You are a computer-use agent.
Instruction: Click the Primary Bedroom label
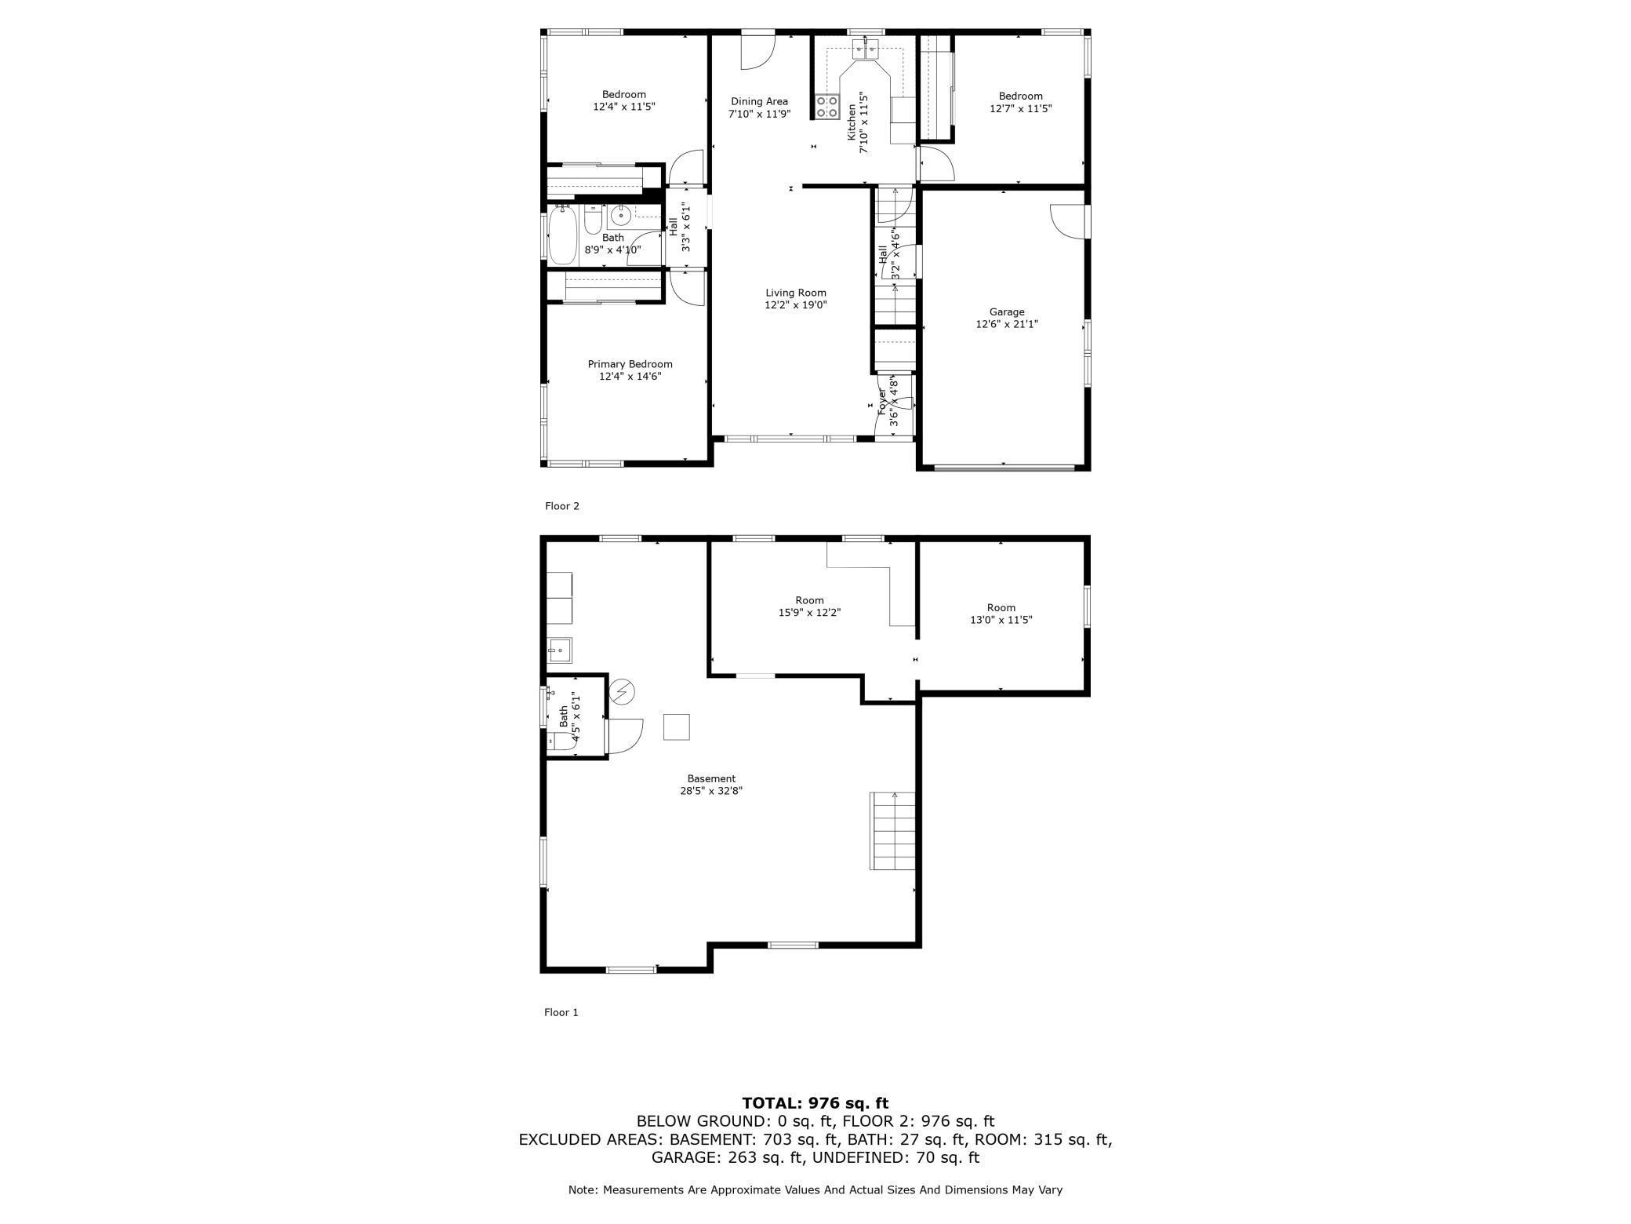630,364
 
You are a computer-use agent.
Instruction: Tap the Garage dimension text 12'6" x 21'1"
1006,324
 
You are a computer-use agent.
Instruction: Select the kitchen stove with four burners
826,107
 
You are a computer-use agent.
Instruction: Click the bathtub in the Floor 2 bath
562,235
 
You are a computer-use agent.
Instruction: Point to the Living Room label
796,293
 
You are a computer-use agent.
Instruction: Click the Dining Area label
759,101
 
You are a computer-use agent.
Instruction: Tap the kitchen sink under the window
866,50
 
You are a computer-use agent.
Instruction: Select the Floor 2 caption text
561,506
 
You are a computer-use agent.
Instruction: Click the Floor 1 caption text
561,1012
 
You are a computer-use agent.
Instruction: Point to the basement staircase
892,831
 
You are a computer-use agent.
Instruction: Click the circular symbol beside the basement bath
623,691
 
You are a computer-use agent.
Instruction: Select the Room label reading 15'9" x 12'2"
809,607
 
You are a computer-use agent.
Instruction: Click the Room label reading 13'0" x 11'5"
1001,614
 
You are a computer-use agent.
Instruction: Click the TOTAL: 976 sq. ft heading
815,1103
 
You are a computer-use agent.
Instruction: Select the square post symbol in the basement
676,727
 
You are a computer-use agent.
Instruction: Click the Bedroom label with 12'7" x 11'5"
1020,102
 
